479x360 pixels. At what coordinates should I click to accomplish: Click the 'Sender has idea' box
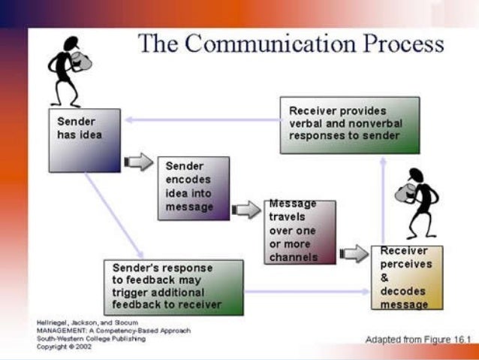(x=84, y=140)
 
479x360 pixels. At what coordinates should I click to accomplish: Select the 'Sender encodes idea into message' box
(x=193, y=188)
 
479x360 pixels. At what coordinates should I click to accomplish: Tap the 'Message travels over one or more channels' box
(x=300, y=231)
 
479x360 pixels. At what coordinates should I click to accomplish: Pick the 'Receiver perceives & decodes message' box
(x=406, y=277)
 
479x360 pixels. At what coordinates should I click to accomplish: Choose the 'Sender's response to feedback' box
(x=173, y=286)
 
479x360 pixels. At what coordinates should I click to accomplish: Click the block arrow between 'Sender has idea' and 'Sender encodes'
(x=137, y=162)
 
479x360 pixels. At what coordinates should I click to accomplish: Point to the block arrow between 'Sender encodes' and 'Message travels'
(x=246, y=209)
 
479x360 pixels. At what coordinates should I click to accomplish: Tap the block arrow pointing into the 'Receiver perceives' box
(x=353, y=253)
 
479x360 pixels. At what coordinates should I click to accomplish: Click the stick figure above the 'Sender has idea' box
(x=68, y=68)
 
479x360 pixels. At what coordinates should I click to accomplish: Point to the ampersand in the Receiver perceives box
(x=385, y=277)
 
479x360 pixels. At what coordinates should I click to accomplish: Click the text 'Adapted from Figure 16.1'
(x=417, y=340)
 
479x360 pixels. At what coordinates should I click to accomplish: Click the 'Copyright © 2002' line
(x=65, y=346)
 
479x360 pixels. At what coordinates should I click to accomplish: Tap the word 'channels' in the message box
(x=293, y=257)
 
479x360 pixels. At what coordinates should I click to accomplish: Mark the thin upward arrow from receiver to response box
(x=383, y=199)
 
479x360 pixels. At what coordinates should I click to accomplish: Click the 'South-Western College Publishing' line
(x=91, y=338)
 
